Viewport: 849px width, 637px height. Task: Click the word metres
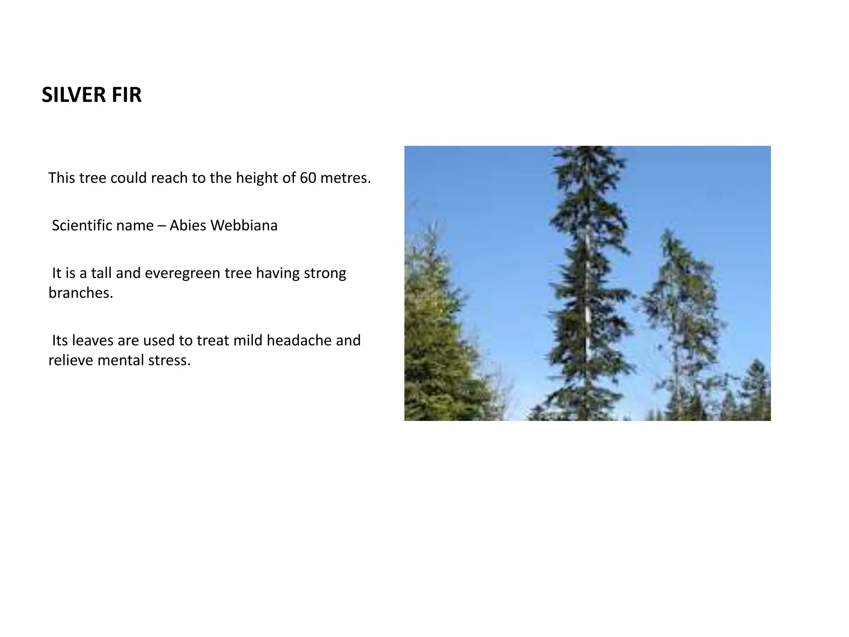tap(346, 178)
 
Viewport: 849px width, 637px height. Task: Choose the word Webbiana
tap(244, 225)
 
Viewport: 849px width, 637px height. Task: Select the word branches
tap(80, 293)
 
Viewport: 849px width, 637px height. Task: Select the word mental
tap(117, 360)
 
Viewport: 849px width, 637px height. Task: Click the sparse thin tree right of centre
tap(680, 299)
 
